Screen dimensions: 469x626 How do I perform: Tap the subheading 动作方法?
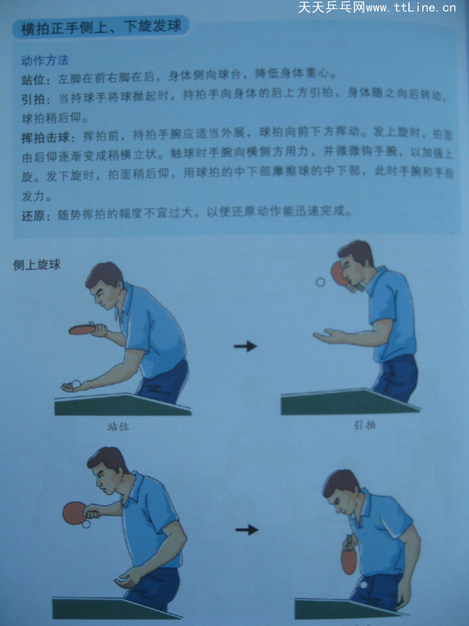(45, 61)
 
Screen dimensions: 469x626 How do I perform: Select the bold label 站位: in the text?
(35, 80)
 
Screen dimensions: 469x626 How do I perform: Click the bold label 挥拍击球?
(48, 138)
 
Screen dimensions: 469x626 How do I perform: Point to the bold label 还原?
(36, 216)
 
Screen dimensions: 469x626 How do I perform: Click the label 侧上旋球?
(36, 265)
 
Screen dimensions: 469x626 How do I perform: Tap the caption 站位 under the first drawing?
(118, 426)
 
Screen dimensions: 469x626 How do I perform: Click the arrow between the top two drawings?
(245, 346)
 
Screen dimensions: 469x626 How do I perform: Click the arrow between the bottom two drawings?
(247, 529)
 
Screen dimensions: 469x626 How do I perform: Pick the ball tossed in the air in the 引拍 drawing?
(320, 282)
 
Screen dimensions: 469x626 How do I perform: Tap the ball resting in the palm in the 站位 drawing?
(76, 385)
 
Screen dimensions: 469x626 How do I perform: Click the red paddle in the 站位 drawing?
(82, 330)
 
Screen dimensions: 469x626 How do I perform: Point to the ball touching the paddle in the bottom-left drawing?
(86, 524)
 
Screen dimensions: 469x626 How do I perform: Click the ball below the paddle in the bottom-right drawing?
(363, 584)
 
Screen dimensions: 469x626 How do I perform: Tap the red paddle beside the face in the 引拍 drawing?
(339, 273)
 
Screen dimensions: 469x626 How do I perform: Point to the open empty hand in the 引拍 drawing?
(330, 336)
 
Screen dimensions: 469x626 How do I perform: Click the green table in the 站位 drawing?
(122, 404)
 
